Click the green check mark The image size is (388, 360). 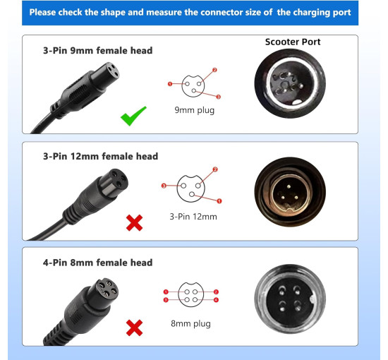133,116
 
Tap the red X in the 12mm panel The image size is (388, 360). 134,223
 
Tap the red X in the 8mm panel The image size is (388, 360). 134,328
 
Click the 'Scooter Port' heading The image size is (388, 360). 293,42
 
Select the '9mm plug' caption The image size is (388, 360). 195,110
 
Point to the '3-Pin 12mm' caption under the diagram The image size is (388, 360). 193,217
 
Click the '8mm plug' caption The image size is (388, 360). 190,323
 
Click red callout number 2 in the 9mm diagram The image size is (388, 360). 214,70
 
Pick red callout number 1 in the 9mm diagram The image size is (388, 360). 170,84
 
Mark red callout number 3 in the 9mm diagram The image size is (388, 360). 218,97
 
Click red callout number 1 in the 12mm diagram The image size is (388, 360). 219,201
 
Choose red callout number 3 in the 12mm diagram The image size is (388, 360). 164,186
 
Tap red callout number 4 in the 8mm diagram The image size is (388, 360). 216,300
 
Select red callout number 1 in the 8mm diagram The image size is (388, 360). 166,292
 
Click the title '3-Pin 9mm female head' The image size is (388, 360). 98,51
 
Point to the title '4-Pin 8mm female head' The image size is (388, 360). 98,263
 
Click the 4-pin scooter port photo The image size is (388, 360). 290,299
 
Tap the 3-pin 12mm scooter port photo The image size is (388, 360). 290,191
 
